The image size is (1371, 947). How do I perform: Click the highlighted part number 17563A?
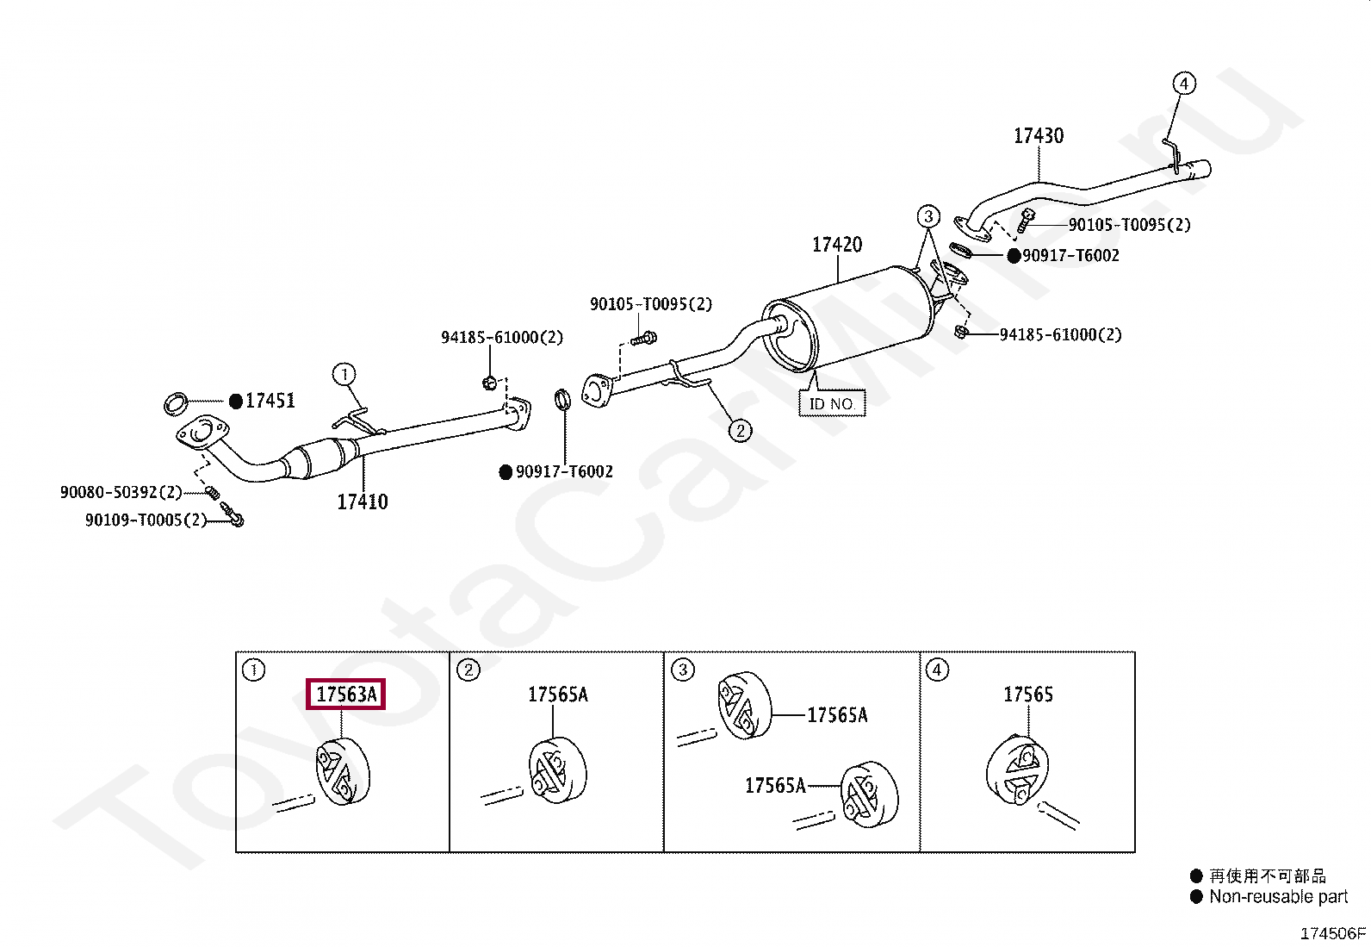(x=346, y=695)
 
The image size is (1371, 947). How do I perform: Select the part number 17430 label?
(x=1038, y=136)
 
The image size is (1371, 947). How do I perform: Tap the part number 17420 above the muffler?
(x=836, y=245)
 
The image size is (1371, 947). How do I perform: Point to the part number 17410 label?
(x=362, y=502)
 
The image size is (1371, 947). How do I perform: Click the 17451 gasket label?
(x=270, y=401)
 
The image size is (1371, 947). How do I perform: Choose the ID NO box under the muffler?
(x=831, y=403)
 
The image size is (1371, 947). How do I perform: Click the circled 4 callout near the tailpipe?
(x=1184, y=84)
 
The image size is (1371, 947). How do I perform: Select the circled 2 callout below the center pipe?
(x=740, y=430)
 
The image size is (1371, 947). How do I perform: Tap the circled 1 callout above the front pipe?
(x=344, y=374)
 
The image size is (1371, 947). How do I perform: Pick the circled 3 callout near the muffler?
(x=927, y=215)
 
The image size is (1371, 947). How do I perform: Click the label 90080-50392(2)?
(x=121, y=492)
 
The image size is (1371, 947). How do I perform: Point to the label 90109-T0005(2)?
(x=146, y=520)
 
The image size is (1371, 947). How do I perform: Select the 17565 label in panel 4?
(x=1027, y=695)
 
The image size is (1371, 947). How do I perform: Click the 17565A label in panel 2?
(x=557, y=695)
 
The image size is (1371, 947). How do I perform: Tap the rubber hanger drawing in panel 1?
(x=342, y=772)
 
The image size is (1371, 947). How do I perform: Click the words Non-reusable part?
(x=1278, y=897)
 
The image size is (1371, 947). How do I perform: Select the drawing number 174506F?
(x=1332, y=933)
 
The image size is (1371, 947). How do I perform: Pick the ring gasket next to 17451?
(x=176, y=402)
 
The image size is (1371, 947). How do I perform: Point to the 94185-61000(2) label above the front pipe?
(x=501, y=338)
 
